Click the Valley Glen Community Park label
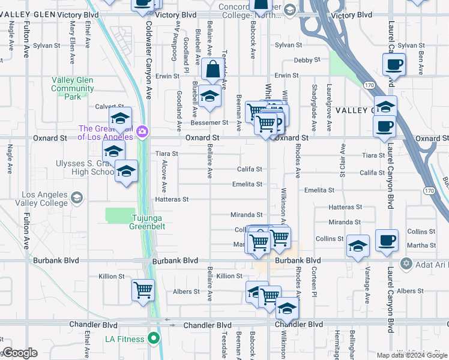(x=72, y=88)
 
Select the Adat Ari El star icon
(x=406, y=263)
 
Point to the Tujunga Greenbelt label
(x=147, y=222)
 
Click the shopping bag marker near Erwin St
(x=212, y=71)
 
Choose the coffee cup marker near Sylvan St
(x=394, y=65)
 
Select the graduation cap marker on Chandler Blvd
(x=287, y=310)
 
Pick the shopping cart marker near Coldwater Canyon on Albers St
(x=143, y=291)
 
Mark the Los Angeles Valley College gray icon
(x=76, y=197)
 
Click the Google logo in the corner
(x=19, y=353)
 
